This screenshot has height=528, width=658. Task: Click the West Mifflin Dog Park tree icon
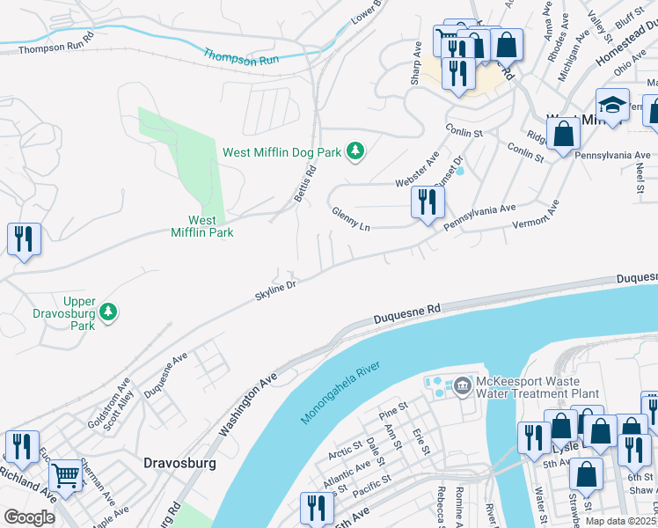355,152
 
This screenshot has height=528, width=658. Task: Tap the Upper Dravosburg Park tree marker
108,312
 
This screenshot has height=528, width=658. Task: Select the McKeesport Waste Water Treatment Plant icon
462,385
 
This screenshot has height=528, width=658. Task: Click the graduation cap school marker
612,106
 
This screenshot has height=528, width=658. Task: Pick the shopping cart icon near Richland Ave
66,476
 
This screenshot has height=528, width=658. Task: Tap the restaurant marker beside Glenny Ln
428,202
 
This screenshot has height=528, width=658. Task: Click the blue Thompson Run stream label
242,58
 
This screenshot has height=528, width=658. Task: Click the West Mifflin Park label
202,226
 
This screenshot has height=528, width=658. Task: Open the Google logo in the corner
29,517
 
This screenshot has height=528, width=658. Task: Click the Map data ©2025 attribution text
618,521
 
